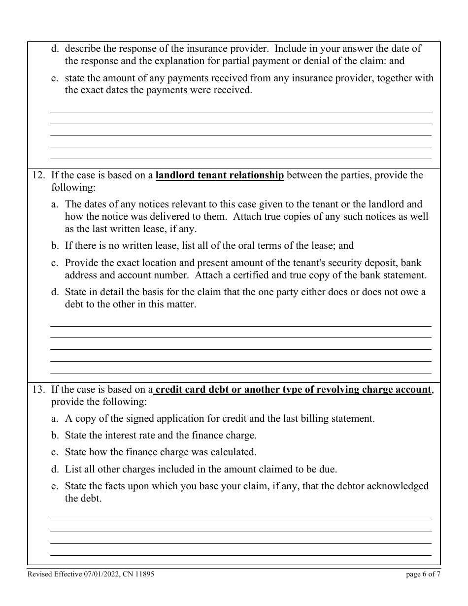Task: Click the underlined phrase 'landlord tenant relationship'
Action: point(220,175)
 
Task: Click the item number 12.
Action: point(39,175)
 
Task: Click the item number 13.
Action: point(39,390)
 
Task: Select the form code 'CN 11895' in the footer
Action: point(140,574)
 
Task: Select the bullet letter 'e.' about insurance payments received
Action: point(55,78)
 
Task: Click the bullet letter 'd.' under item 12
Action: point(55,292)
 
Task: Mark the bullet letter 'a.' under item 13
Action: point(55,419)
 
